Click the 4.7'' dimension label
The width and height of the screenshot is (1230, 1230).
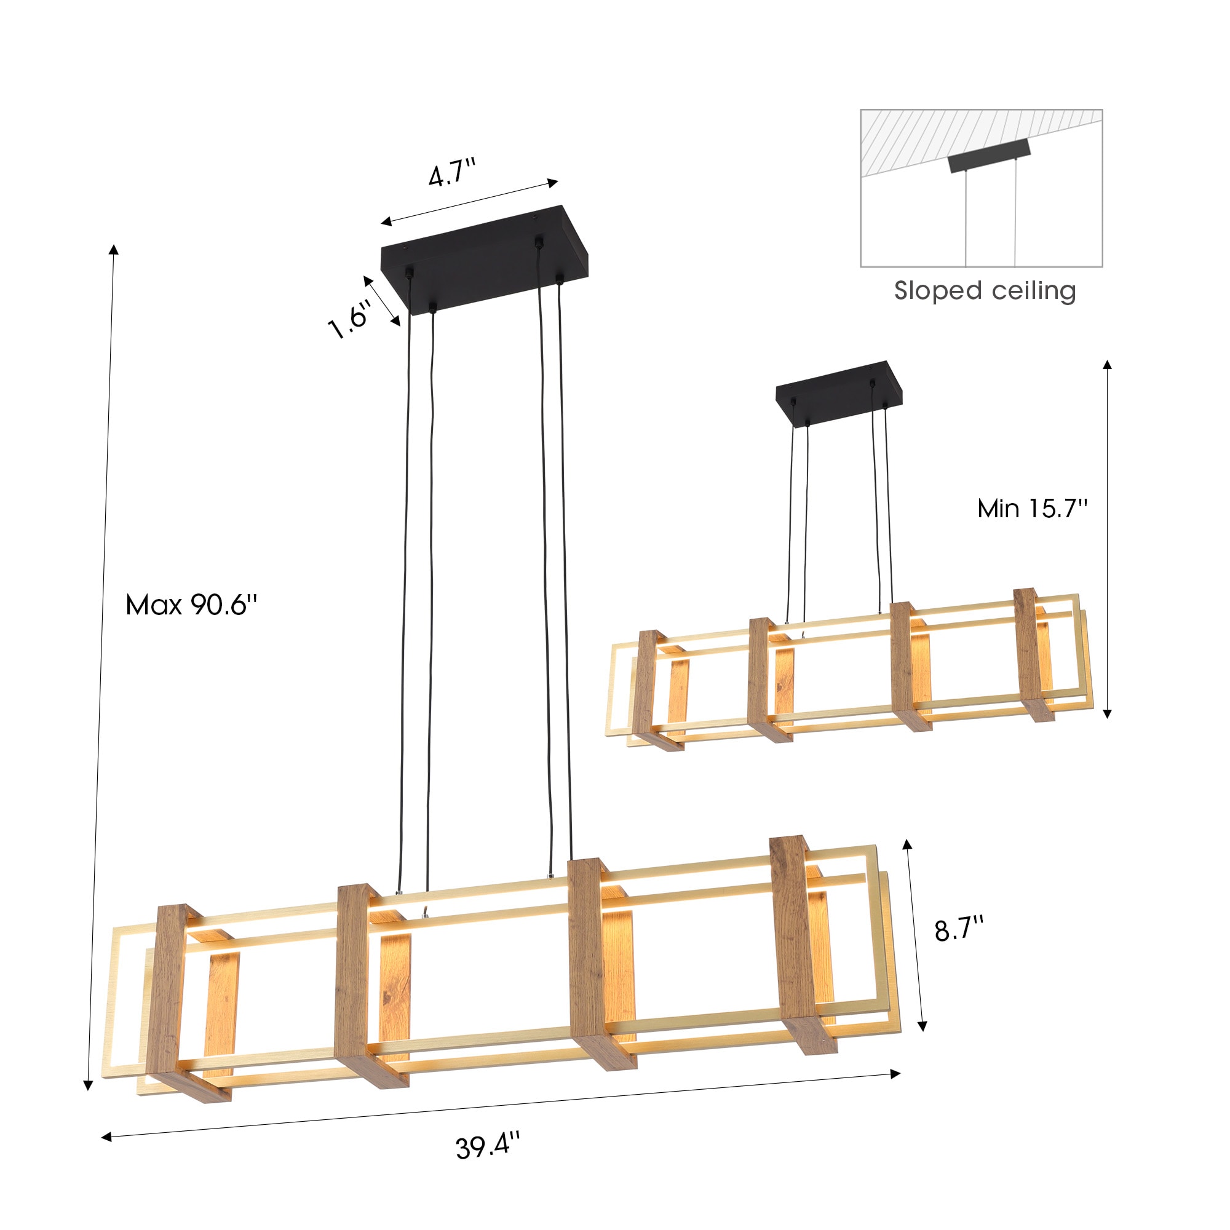[x=452, y=173]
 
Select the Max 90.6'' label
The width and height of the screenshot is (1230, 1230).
[x=192, y=604]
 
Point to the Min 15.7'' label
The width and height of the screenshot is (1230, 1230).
[x=1033, y=508]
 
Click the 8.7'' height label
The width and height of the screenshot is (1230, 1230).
[x=959, y=930]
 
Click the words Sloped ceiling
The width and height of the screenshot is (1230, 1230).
[x=985, y=291]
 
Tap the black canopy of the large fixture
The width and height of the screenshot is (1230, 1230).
[x=485, y=260]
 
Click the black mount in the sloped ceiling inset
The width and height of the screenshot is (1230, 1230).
[x=990, y=156]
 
